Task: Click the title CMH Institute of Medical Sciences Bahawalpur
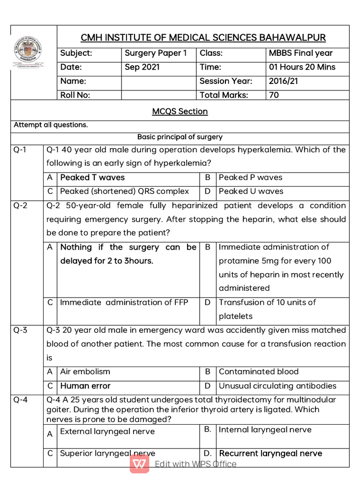pyautogui.click(x=203, y=37)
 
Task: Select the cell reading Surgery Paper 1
pyautogui.click(x=156, y=53)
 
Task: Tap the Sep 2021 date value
pyautogui.click(x=142, y=67)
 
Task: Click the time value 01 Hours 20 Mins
pyautogui.click(x=302, y=67)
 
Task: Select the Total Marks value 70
pyautogui.click(x=274, y=95)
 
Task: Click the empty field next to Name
pyautogui.click(x=158, y=81)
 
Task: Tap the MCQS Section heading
pyautogui.click(x=180, y=112)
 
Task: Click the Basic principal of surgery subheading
pyautogui.click(x=180, y=137)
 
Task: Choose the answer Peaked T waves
pyautogui.click(x=92, y=178)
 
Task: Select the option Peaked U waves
pyautogui.click(x=251, y=191)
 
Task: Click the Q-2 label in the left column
pyautogui.click(x=21, y=206)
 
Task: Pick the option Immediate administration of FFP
pyautogui.click(x=124, y=302)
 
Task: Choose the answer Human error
pyautogui.click(x=85, y=386)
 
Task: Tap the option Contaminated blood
pyautogui.click(x=258, y=372)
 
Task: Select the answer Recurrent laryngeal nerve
pyautogui.click(x=270, y=453)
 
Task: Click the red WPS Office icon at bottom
pyautogui.click(x=140, y=464)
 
